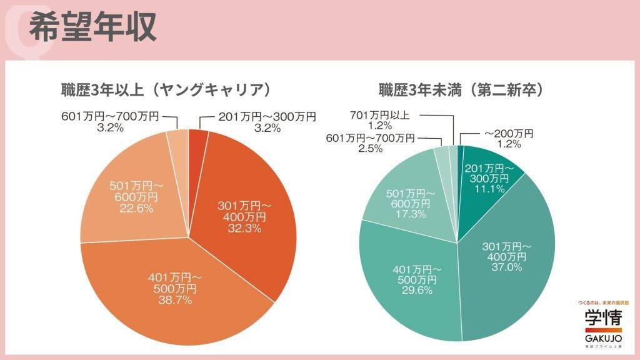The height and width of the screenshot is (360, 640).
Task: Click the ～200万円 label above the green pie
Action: pyautogui.click(x=509, y=133)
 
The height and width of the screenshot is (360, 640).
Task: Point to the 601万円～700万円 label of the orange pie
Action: pyautogui.click(x=111, y=116)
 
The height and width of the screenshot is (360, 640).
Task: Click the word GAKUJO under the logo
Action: pyautogui.click(x=604, y=337)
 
